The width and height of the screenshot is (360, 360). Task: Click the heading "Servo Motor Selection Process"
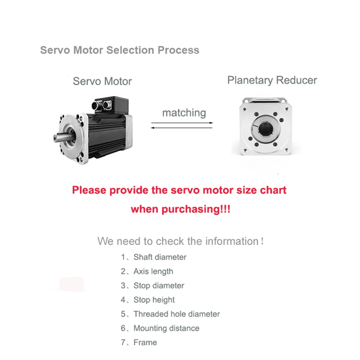(x=120, y=50)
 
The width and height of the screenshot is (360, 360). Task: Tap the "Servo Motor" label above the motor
(x=103, y=81)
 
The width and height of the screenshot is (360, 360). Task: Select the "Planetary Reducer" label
(x=272, y=81)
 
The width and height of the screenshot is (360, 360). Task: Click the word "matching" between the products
(x=184, y=113)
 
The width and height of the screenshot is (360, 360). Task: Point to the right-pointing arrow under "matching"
(x=182, y=123)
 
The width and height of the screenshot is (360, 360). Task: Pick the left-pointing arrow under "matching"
(x=182, y=128)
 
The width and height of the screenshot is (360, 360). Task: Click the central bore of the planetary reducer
(x=265, y=129)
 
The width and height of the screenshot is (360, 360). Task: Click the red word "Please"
(x=89, y=190)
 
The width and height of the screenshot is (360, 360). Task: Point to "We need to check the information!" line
(x=180, y=241)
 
